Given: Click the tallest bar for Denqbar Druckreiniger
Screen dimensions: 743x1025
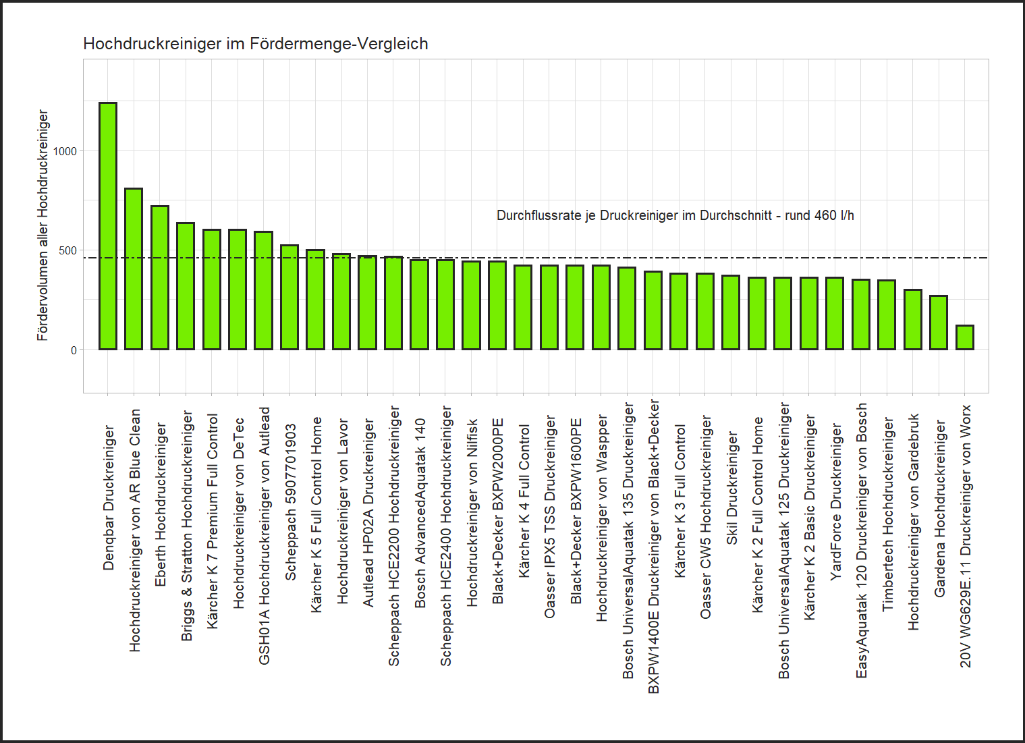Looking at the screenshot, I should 108,226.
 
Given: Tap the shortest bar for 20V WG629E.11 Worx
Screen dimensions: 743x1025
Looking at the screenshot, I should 965,337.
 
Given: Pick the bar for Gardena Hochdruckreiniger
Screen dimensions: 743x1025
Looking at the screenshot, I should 939,323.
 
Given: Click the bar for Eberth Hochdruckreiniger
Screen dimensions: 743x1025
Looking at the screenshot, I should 160,277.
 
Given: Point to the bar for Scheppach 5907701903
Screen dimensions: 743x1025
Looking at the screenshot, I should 289,297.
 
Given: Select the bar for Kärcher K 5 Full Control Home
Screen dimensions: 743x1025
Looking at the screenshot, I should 315,300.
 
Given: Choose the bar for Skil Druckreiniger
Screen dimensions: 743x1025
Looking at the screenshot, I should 731,312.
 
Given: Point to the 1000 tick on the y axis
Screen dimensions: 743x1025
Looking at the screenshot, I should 65,151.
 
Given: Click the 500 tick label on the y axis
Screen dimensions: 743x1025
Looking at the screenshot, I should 68,250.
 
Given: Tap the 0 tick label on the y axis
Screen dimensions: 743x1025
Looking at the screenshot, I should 74,350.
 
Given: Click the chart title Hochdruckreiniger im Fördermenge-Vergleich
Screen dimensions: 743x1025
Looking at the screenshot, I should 256,44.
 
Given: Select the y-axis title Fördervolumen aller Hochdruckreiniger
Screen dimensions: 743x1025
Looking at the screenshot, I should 43,225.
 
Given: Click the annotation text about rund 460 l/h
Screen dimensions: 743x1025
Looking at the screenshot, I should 675,215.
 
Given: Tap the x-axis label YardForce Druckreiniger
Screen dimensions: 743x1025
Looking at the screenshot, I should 836,501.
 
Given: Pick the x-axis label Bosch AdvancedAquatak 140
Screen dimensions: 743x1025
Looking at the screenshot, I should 420,513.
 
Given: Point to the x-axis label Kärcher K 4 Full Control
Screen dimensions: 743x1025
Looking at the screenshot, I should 524,501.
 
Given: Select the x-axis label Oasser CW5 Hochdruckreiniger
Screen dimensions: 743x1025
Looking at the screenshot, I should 706,517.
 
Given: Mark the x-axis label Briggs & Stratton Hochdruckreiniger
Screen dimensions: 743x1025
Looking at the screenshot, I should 187,526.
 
